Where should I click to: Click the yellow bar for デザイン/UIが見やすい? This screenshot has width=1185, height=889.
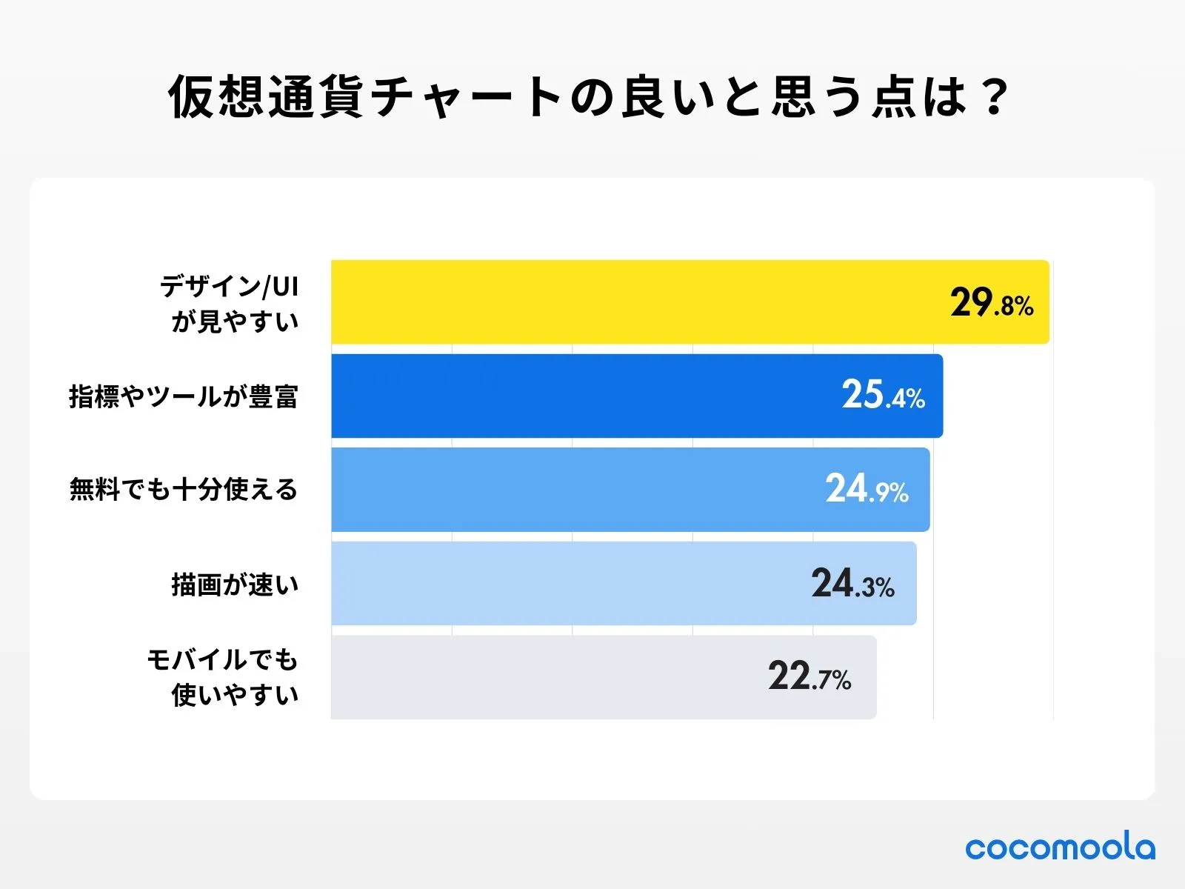637,302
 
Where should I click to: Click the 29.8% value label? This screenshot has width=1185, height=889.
992,303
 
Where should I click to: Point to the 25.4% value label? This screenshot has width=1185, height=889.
883,396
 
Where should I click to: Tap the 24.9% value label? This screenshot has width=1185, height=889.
867,490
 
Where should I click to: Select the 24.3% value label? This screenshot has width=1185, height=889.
852,584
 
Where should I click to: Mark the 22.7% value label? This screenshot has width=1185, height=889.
810,677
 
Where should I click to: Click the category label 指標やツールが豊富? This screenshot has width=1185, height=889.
183,396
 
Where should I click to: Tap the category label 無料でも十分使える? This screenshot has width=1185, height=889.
183,490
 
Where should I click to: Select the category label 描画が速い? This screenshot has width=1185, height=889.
235,585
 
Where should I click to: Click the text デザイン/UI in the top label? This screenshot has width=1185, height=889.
230,286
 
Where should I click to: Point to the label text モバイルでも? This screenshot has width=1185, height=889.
222,659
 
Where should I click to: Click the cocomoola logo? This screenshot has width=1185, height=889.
1060,846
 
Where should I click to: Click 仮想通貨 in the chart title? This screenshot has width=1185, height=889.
265,97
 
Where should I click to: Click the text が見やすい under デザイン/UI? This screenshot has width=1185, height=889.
235,322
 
